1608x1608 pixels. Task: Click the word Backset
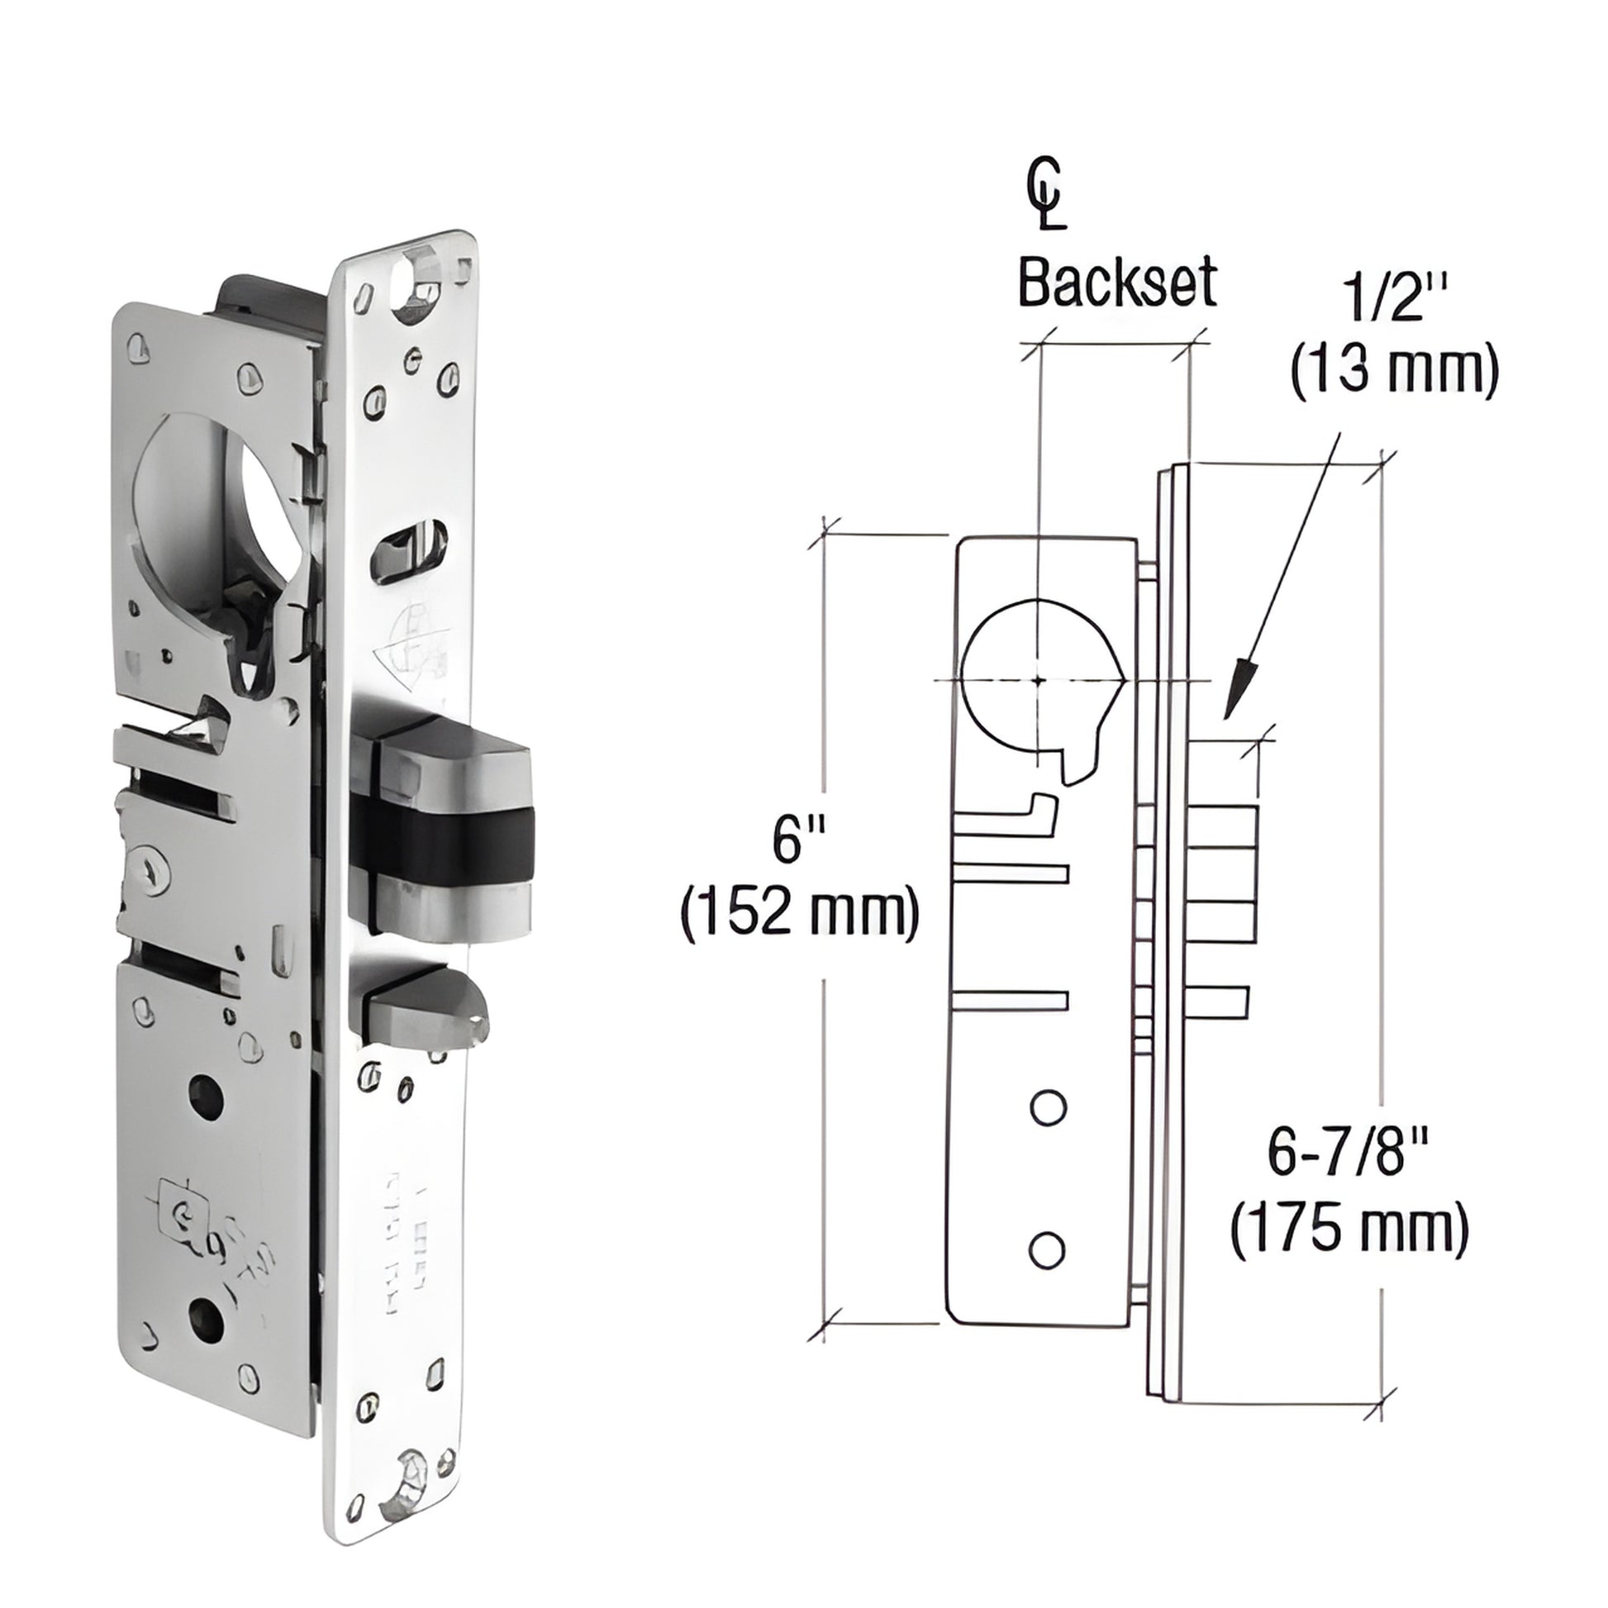[x=1118, y=283]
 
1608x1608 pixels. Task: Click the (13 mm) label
[x=1394, y=372]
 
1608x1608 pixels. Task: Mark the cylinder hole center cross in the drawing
[x=1038, y=680]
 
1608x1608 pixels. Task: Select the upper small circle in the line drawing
[x=1048, y=1108]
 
